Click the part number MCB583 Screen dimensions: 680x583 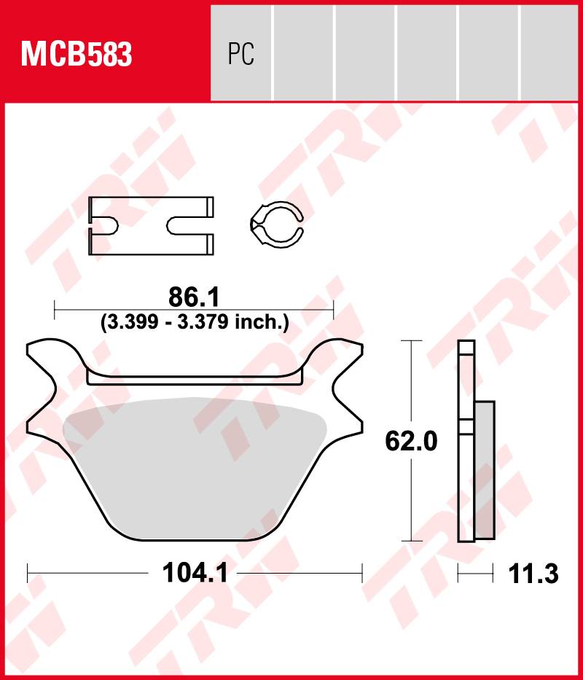click(77, 54)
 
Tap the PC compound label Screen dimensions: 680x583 click(240, 54)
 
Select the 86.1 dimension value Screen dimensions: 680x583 click(194, 297)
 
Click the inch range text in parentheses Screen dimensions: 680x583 click(194, 321)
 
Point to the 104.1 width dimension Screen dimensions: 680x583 click(195, 574)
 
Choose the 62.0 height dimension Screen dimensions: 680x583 click(412, 441)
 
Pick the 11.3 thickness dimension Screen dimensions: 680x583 click(533, 574)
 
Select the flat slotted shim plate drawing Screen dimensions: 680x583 click(151, 226)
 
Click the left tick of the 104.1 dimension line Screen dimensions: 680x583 click(28, 573)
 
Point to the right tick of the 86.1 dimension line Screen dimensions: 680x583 click(333, 310)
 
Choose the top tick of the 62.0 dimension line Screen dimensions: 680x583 click(412, 340)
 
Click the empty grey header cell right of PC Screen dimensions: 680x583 click(304, 54)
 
